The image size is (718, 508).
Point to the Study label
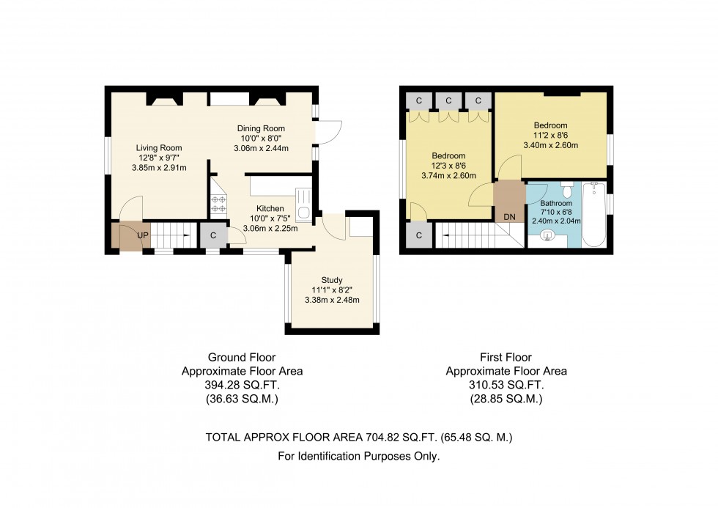332,279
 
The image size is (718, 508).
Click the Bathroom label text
556,203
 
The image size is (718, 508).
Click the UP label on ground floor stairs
143,236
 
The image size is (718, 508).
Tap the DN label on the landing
508,218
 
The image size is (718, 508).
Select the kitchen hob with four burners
218,202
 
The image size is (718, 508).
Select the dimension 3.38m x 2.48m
332,299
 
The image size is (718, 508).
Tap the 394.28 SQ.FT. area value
242,385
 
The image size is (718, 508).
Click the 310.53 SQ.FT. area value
506,385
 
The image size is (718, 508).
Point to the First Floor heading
506,357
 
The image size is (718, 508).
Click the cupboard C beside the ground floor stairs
213,236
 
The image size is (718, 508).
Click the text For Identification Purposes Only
359,457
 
